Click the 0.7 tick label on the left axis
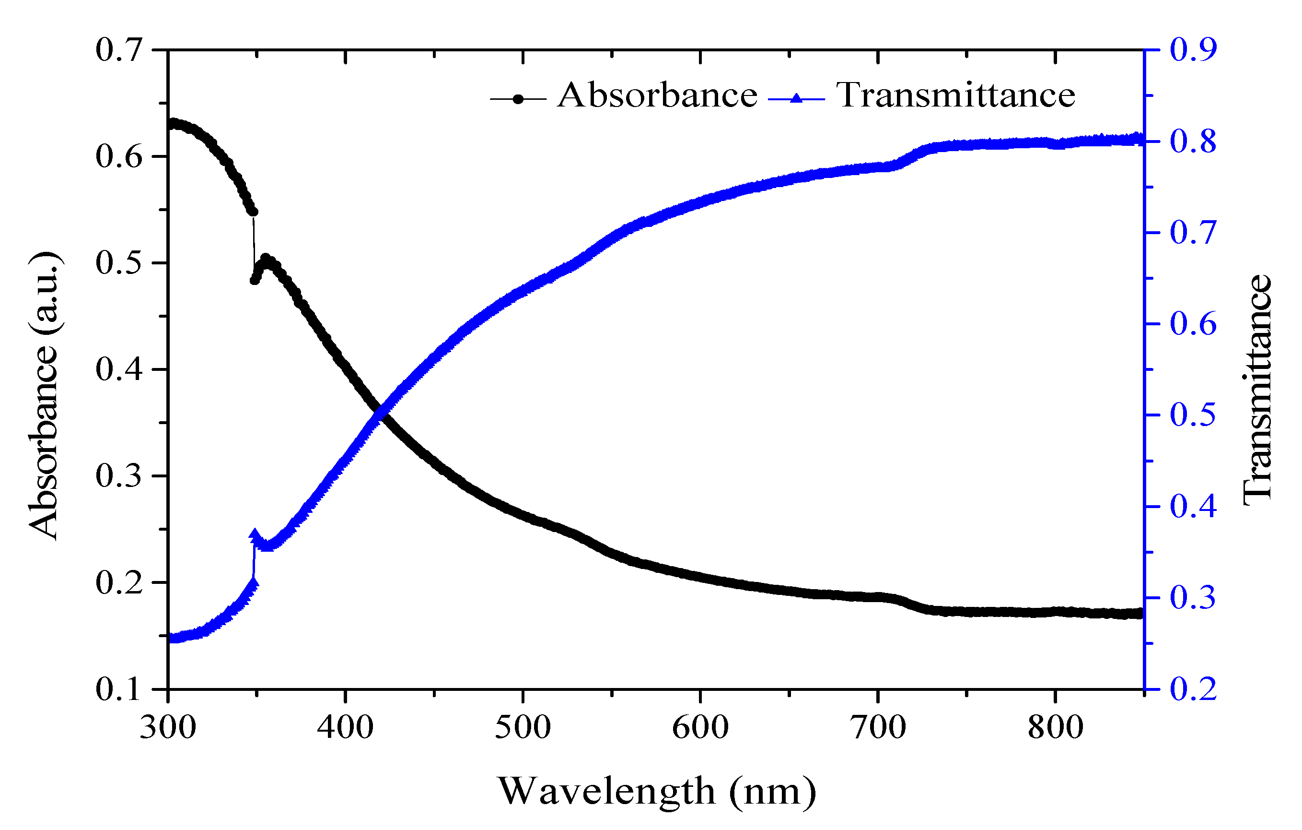118,50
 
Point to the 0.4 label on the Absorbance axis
118,369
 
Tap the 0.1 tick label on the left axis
118,689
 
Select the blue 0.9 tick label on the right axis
1193,50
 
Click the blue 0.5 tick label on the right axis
1193,415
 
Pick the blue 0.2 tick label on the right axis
1193,689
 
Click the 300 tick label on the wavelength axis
168,728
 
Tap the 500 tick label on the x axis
523,728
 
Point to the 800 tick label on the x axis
1055,728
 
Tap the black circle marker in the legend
518,99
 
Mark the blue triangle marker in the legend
796,98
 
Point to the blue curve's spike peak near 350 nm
255,534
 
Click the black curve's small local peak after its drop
266,259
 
